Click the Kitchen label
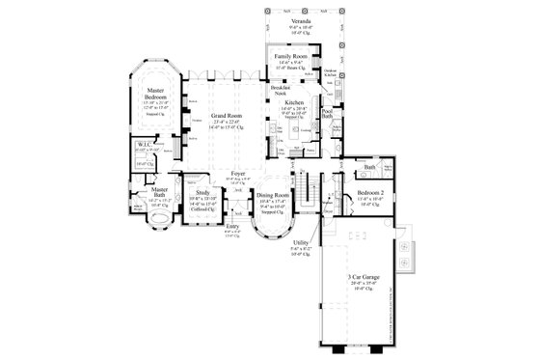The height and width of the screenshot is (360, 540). point(294,101)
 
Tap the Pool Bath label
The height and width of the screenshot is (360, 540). point(327,114)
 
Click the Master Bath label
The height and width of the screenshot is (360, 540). point(158,193)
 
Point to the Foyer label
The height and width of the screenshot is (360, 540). point(238,174)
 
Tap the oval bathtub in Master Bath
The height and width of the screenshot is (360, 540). point(155,218)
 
